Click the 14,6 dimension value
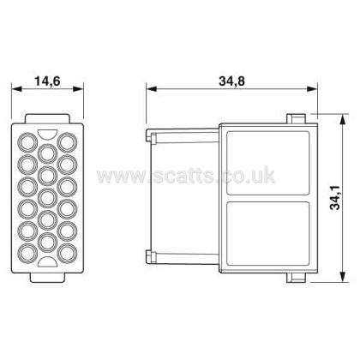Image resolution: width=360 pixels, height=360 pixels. (x=47, y=81)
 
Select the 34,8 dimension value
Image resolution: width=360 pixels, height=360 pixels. (x=232, y=81)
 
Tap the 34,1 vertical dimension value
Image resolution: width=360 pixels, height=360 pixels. (x=335, y=197)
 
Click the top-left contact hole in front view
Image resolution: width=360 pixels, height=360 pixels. (x=28, y=142)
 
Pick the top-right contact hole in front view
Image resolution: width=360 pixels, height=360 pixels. (x=67, y=142)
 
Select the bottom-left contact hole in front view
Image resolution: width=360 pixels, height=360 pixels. (x=28, y=253)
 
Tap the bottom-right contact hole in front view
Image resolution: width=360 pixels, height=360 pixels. (x=67, y=253)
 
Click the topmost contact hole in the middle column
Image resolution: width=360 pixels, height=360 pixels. (x=47, y=153)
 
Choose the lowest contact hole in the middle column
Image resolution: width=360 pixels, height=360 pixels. (x=47, y=242)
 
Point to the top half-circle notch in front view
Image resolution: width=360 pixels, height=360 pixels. (x=47, y=134)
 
